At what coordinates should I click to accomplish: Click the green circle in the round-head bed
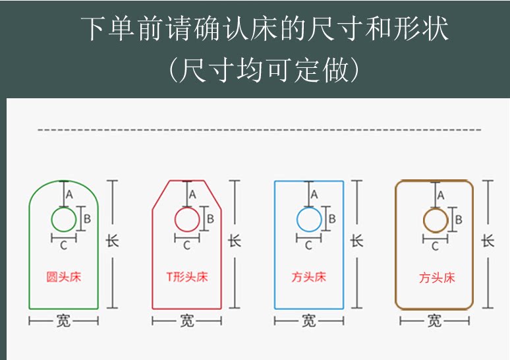click(x=64, y=219)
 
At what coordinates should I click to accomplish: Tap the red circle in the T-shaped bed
click(x=186, y=219)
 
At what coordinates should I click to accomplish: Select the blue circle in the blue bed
click(x=309, y=219)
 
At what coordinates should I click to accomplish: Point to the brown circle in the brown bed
click(x=435, y=220)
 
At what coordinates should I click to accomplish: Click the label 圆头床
click(x=64, y=276)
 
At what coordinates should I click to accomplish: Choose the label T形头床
click(x=186, y=276)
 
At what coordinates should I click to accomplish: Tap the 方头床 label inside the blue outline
click(x=309, y=277)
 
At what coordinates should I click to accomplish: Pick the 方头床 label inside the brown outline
click(x=437, y=278)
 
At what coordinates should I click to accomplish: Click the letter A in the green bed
click(x=70, y=195)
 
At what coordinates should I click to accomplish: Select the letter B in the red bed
click(x=210, y=218)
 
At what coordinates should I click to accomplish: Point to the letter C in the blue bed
click(x=308, y=246)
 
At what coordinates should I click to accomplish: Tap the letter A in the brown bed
click(x=441, y=195)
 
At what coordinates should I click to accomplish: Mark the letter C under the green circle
click(x=63, y=246)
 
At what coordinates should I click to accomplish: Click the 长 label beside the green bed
click(x=113, y=241)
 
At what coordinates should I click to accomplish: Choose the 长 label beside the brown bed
click(x=488, y=241)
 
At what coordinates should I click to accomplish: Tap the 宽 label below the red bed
click(x=186, y=321)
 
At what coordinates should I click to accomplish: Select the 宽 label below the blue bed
click(x=308, y=321)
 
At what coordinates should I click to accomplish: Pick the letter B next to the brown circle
click(x=459, y=219)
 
